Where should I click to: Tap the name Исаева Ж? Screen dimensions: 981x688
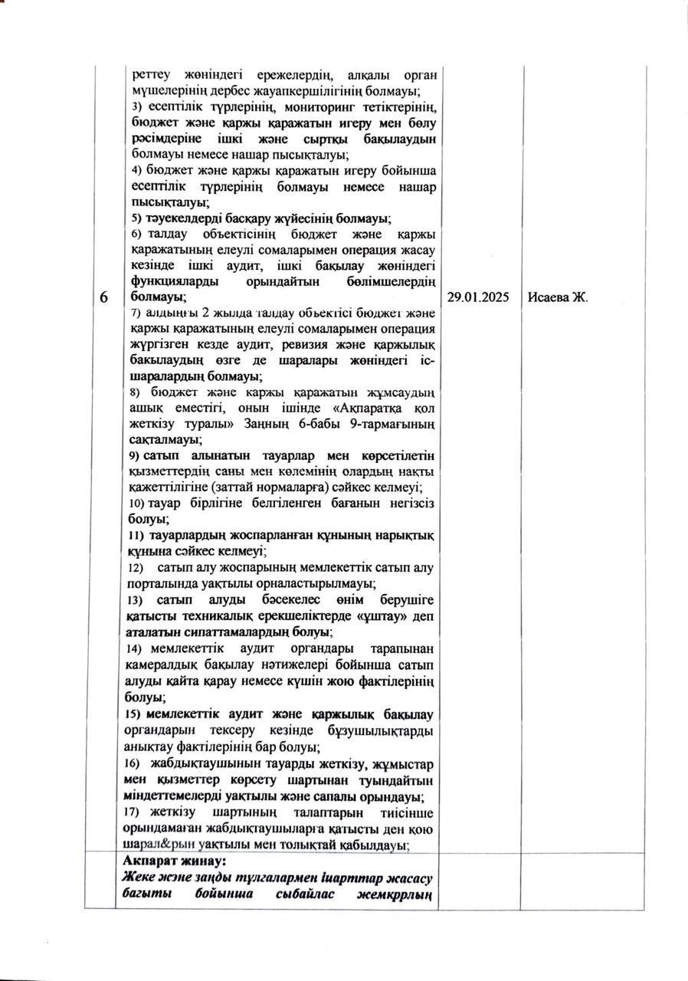[x=558, y=297]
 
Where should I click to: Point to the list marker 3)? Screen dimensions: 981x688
[x=137, y=107]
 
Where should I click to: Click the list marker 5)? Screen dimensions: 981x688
[x=136, y=218]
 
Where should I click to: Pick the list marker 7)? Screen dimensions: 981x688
[x=137, y=313]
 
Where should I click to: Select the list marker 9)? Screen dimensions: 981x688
[x=136, y=455]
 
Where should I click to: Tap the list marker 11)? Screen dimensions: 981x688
[x=139, y=535]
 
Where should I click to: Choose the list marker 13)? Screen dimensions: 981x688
[x=139, y=599]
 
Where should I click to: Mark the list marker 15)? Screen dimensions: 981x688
[x=138, y=714]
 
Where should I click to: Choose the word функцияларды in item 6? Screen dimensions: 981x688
[x=173, y=281]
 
